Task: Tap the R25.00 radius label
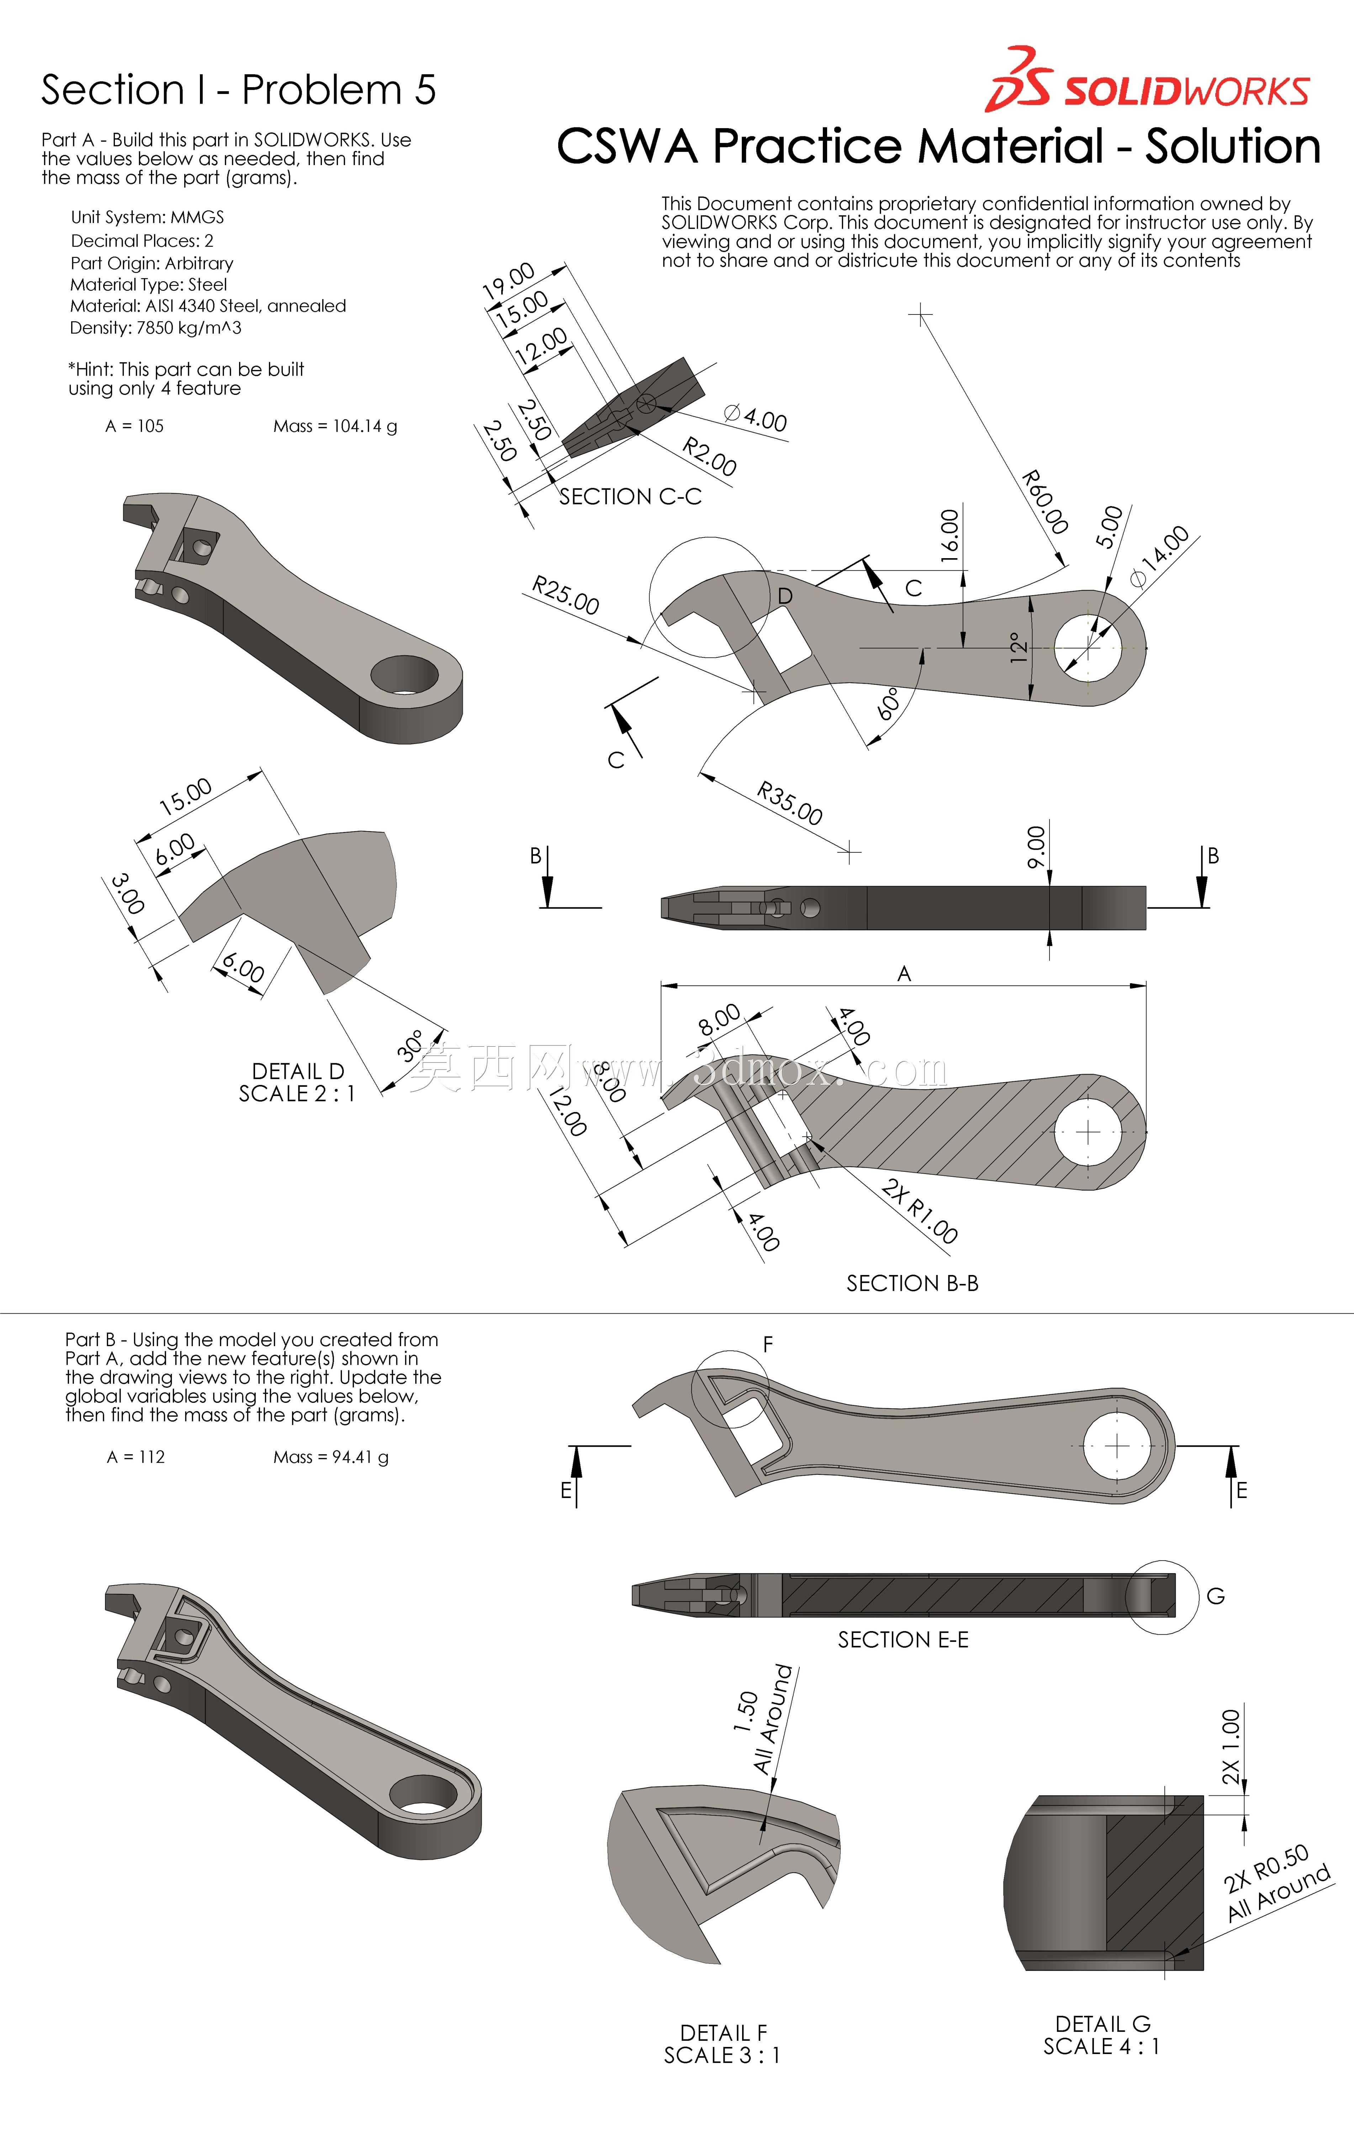pyautogui.click(x=565, y=595)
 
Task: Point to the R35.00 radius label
pyautogui.click(x=789, y=803)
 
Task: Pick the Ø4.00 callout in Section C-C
pyautogui.click(x=755, y=417)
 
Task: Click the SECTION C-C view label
pyautogui.click(x=630, y=497)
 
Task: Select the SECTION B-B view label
pyautogui.click(x=912, y=1283)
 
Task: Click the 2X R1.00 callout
pyautogui.click(x=920, y=1212)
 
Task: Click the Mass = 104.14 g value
pyautogui.click(x=335, y=426)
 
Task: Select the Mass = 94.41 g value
pyautogui.click(x=330, y=1457)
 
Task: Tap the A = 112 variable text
pyautogui.click(x=136, y=1457)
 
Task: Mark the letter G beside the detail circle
pyautogui.click(x=1216, y=1596)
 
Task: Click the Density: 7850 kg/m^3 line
pyautogui.click(x=156, y=328)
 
